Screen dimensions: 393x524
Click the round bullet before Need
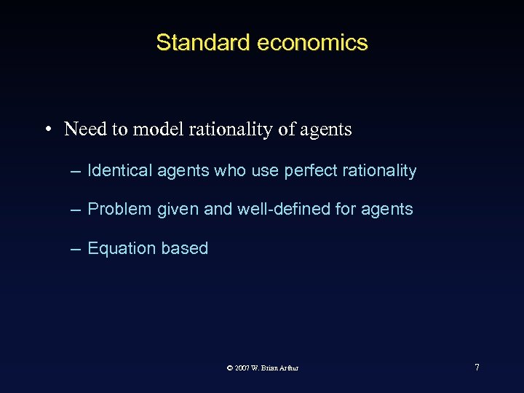pyautogui.click(x=46, y=130)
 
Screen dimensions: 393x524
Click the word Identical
pyautogui.click(x=114, y=171)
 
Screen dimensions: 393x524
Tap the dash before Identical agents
pyautogui.click(x=75, y=172)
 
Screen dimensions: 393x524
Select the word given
pyautogui.click(x=176, y=210)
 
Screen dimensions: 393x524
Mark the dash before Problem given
pyautogui.click(x=75, y=210)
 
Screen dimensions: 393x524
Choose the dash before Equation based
pyautogui.click(x=75, y=249)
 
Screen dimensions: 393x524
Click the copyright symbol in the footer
pyautogui.click(x=230, y=368)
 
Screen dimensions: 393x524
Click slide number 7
pyautogui.click(x=477, y=367)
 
